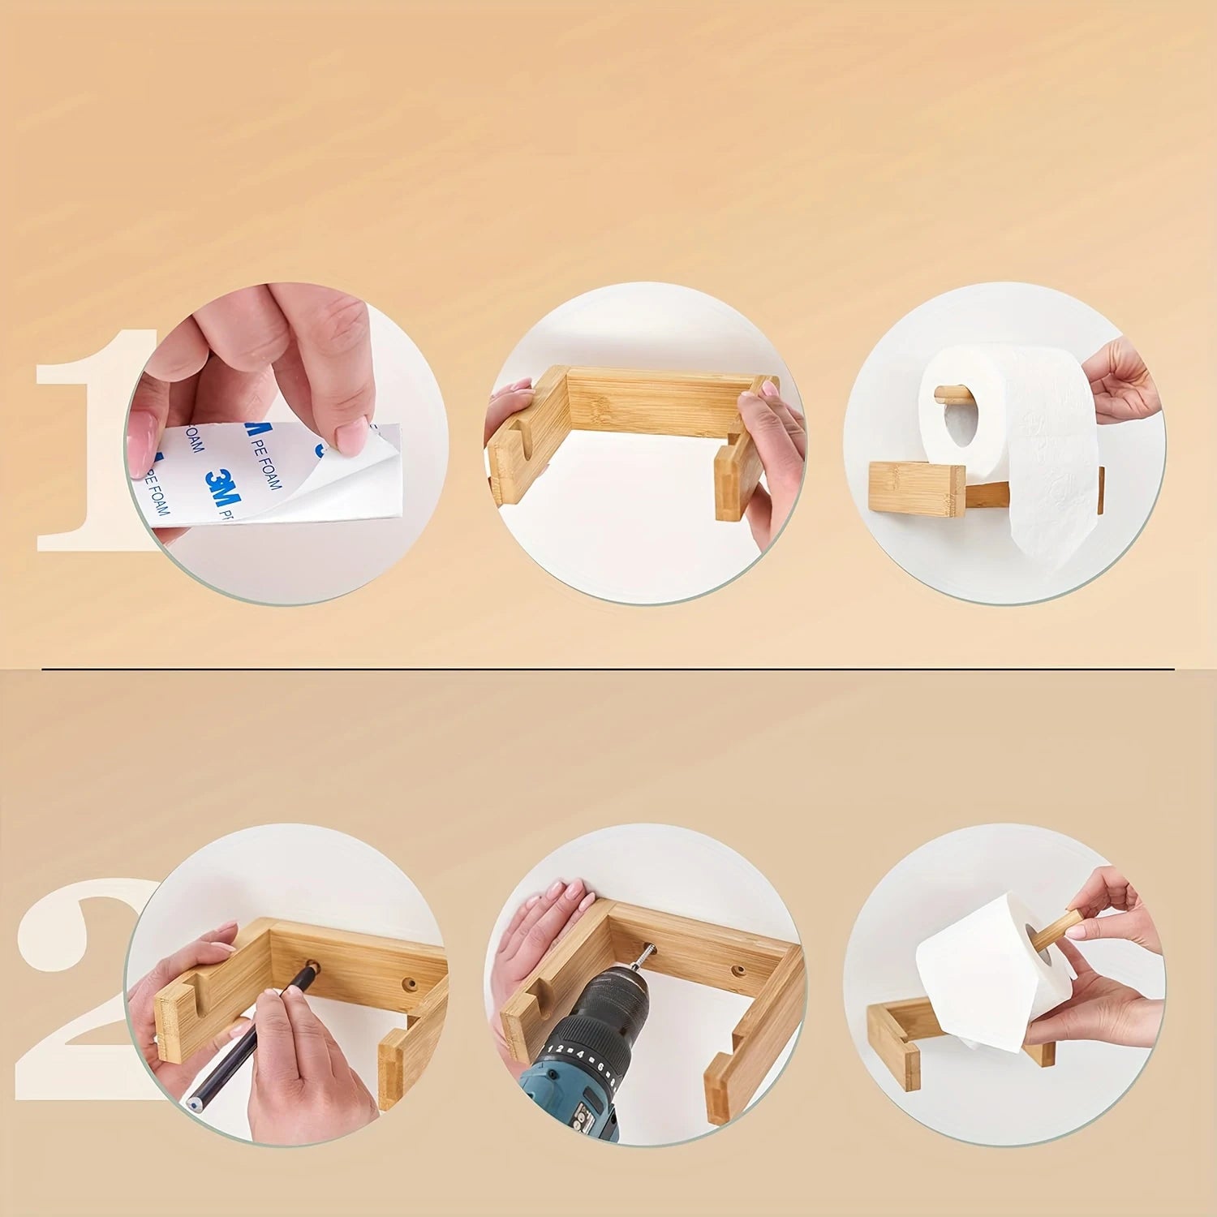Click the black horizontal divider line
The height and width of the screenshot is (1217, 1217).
pos(608,670)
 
